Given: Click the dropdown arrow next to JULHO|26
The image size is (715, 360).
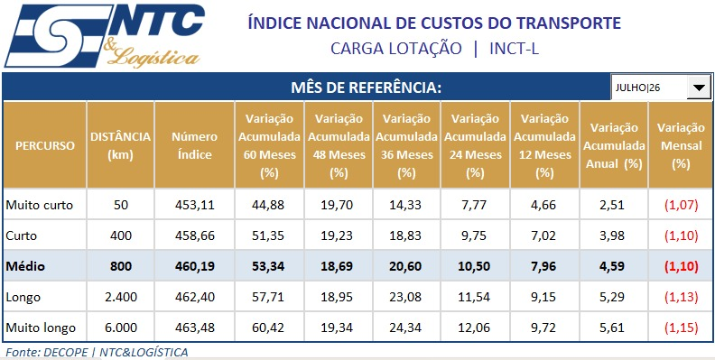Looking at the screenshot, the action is point(698,88).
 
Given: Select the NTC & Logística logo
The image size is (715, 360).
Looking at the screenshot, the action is point(105,35).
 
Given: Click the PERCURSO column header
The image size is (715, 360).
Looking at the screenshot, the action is point(45,146).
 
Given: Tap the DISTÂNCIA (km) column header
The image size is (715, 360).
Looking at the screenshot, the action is point(120,146).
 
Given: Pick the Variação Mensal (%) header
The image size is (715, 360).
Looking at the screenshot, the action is point(681,146).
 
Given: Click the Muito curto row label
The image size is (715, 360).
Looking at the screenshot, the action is point(39,205).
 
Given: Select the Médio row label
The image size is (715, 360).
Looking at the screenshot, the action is point(25,266).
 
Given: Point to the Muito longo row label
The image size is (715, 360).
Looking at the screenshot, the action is point(41,328).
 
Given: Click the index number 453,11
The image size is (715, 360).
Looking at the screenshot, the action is point(195,205).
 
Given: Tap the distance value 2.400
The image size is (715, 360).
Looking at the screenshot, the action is point(121,297).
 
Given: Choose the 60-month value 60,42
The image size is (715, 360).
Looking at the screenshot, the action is point(268,328).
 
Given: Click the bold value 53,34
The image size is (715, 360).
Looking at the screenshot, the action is point(268,266).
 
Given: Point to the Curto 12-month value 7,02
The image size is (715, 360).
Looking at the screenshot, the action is point(544,235).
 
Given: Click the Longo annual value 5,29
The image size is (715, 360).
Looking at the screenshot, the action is point(613,297).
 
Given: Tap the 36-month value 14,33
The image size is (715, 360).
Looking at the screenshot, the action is point(406,205).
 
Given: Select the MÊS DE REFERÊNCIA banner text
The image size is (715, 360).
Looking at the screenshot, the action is point(367,88).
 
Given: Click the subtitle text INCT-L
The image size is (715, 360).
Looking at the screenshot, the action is point(514,49).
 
